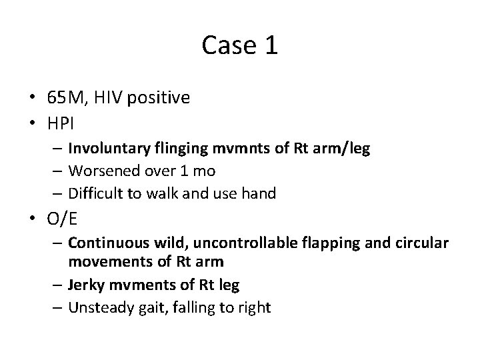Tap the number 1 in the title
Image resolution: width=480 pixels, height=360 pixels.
tap(270, 46)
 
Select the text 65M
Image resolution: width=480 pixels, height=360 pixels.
tap(64, 98)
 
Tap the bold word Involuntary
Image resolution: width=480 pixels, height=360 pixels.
tap(108, 148)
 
